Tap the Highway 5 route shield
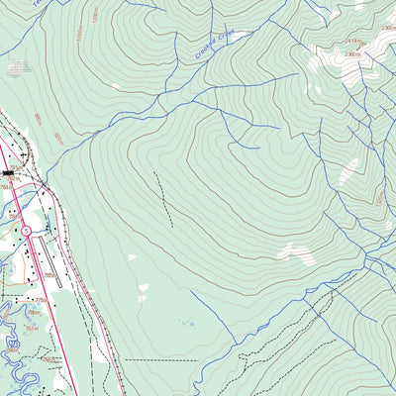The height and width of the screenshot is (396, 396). pyautogui.click(x=26, y=230)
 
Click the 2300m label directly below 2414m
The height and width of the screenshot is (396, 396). pyautogui.click(x=355, y=54)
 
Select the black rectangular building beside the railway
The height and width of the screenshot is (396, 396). pyautogui.click(x=9, y=172)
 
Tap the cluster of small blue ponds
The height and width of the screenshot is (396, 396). pyautogui.click(x=186, y=322)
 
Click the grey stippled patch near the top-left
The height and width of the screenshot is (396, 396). pyautogui.click(x=17, y=68)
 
